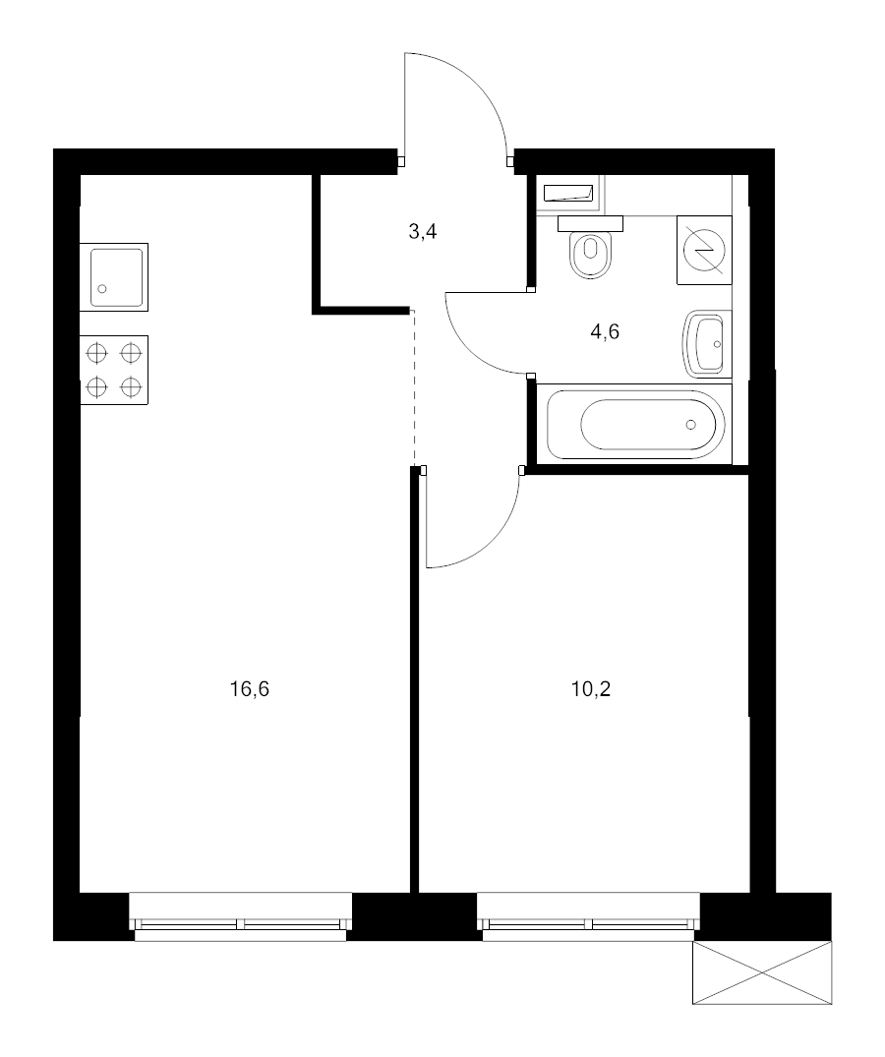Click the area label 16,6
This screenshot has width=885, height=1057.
(249, 689)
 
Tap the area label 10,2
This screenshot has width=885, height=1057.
(591, 689)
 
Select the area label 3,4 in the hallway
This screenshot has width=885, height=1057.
(422, 233)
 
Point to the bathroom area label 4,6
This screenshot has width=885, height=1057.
(604, 331)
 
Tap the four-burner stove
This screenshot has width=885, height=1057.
(113, 370)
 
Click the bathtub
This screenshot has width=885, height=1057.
(636, 425)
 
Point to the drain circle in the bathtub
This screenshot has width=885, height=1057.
(691, 425)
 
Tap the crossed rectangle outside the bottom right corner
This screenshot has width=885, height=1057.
(762, 972)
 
